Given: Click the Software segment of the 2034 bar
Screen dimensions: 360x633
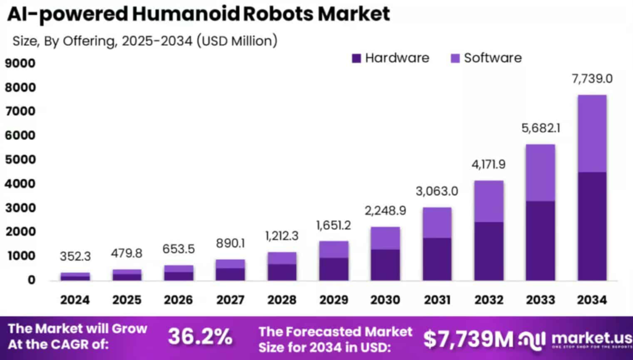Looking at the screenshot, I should (x=592, y=133).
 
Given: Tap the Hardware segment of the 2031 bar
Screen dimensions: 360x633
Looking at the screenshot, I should (x=437, y=259).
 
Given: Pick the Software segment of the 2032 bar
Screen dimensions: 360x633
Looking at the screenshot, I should (x=488, y=201).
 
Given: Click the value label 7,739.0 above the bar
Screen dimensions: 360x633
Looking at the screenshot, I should (x=592, y=79).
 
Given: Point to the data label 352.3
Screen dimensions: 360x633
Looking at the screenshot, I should (x=75, y=256).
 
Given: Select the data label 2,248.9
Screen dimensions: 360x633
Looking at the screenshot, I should (x=386, y=211).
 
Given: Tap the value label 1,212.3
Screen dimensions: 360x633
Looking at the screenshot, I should (x=282, y=236).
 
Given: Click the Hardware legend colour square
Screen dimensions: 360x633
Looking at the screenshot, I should (x=356, y=58).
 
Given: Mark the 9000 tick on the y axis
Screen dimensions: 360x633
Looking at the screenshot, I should (x=20, y=63).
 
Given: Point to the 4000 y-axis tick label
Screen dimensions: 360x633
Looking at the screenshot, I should (x=20, y=184).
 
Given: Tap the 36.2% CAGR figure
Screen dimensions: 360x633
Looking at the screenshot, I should (x=200, y=336).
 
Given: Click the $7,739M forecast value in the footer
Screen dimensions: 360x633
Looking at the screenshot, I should (x=468, y=338).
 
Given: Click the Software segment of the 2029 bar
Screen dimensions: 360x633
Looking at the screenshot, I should (x=334, y=249).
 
